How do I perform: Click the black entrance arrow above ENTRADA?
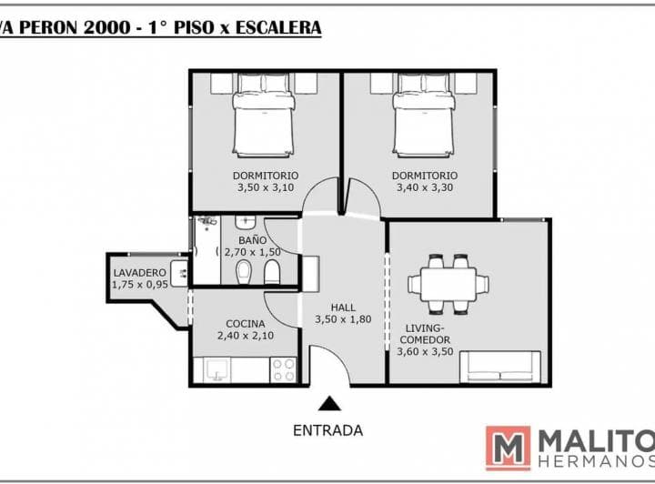329,403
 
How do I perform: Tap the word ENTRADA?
327,430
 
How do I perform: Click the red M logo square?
508,449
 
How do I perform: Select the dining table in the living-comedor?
448,285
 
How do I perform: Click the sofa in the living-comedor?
500,367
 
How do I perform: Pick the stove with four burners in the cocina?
283,370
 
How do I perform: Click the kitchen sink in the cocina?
217,370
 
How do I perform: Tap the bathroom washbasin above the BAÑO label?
246,222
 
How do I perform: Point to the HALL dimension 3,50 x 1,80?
343,319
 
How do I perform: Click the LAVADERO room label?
140,273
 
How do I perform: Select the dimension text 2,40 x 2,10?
246,336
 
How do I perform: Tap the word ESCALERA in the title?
278,27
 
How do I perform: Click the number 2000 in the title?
107,27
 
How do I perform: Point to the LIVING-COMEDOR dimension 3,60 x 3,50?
425,351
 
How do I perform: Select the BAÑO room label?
252,240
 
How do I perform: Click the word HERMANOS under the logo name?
597,461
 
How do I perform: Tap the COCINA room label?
246,324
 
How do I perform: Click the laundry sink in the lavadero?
179,273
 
